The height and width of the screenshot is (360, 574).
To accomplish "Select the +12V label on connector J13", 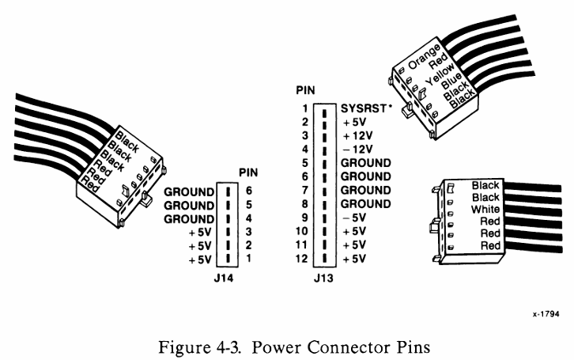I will (355, 135).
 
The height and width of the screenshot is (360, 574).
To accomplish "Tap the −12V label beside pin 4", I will (355, 149).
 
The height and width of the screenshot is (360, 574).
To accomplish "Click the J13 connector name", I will (323, 277).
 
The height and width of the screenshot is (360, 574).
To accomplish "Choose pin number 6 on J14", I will (251, 191).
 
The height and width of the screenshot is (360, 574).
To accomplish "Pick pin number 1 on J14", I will (251, 260).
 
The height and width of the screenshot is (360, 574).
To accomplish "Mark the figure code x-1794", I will (544, 314).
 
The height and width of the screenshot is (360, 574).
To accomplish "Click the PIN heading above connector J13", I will (304, 92).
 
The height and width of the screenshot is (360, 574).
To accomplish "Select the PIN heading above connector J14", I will (249, 173).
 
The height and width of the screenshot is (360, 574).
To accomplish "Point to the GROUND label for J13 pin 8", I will (367, 204).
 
